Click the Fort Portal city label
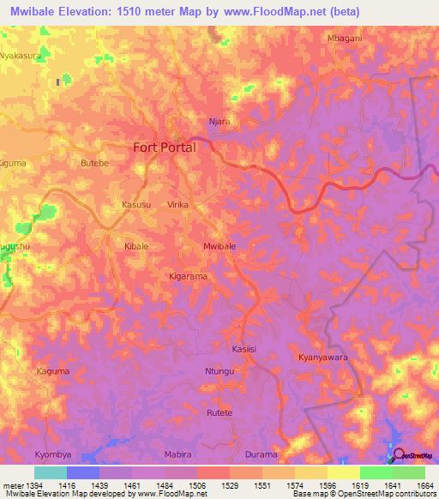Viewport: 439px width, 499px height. click(165, 147)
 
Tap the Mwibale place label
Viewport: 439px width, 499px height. click(219, 246)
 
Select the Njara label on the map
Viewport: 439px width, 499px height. click(220, 122)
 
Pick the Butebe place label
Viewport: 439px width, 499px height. click(93, 163)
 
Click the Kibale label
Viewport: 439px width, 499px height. click(138, 246)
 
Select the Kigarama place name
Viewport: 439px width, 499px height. click(188, 277)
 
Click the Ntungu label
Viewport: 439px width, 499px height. click(219, 371)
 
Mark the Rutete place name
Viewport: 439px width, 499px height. click(219, 412)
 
